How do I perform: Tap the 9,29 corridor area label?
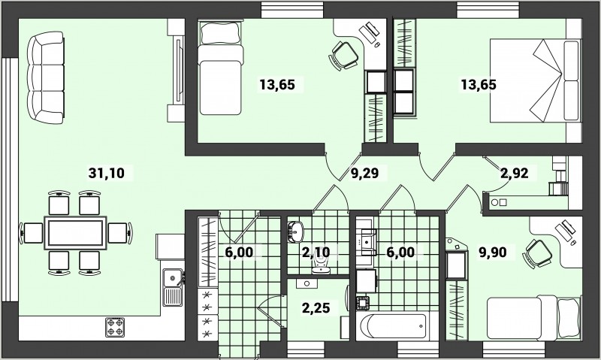tap(365, 173)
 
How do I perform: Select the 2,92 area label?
tap(515, 173)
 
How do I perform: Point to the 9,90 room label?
tap(493, 253)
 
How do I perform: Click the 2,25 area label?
tap(316, 307)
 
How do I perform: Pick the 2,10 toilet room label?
tap(316, 253)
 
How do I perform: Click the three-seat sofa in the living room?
tap(46, 77)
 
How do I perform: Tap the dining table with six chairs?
tap(75, 233)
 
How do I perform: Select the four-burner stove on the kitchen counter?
tap(116, 327)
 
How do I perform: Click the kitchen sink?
tap(174, 287)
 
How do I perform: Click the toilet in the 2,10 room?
tap(321, 264)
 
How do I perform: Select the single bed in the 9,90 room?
tap(533, 316)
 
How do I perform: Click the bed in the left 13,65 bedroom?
tap(221, 68)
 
